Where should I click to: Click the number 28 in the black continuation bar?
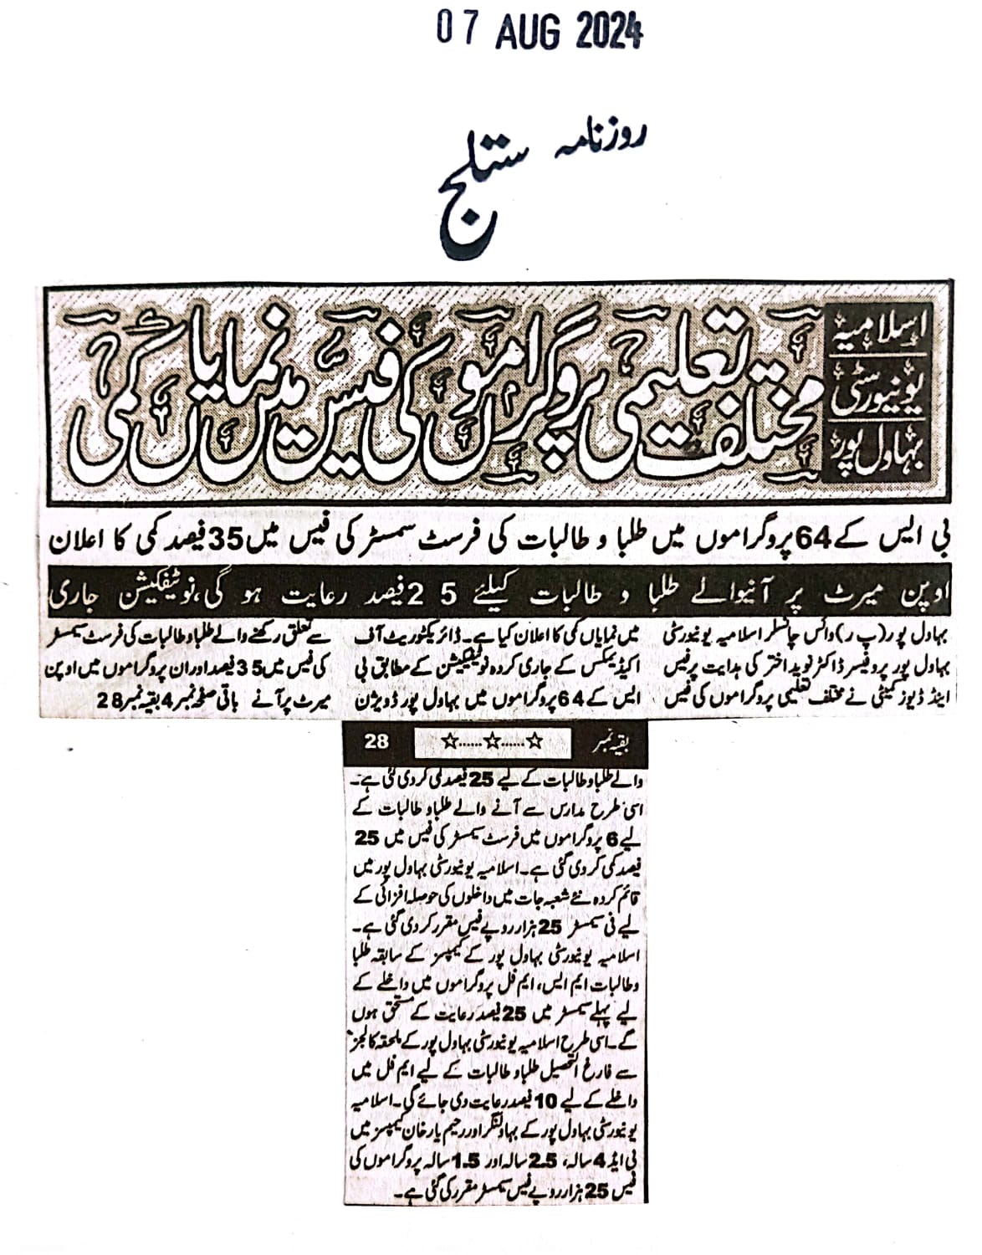(x=378, y=740)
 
